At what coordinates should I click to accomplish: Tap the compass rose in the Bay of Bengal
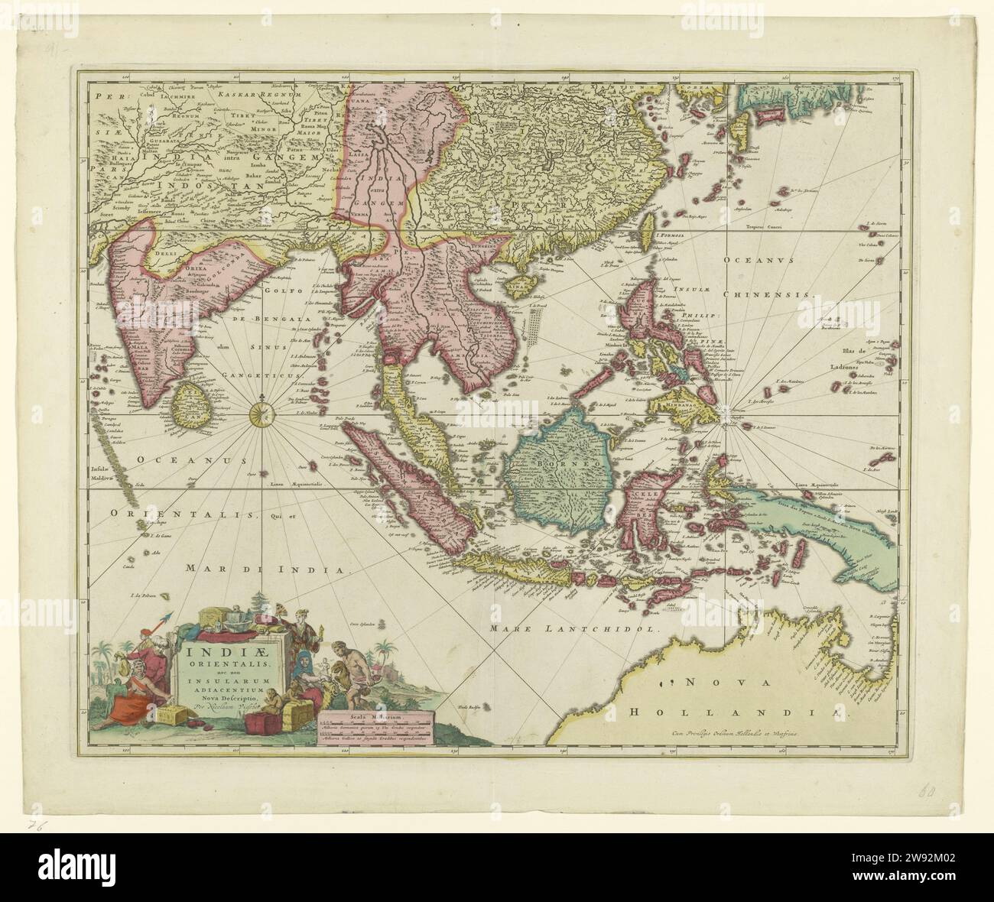[x=261, y=414]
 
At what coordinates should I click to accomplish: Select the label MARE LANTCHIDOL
[x=574, y=630]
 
